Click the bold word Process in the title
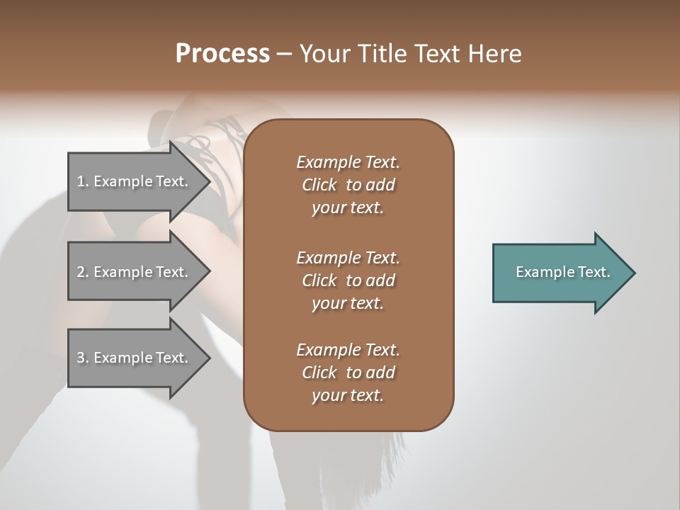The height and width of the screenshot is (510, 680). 222,54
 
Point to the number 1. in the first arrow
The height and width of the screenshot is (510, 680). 83,181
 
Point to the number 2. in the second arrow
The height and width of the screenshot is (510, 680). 83,272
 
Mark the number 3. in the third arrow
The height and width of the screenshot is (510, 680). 83,358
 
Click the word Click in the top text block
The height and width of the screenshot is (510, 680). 319,186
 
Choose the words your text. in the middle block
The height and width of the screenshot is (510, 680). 348,304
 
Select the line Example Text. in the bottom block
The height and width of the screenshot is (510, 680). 348,350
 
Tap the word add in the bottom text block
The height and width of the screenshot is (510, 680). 381,373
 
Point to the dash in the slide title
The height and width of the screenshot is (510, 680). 285,54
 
